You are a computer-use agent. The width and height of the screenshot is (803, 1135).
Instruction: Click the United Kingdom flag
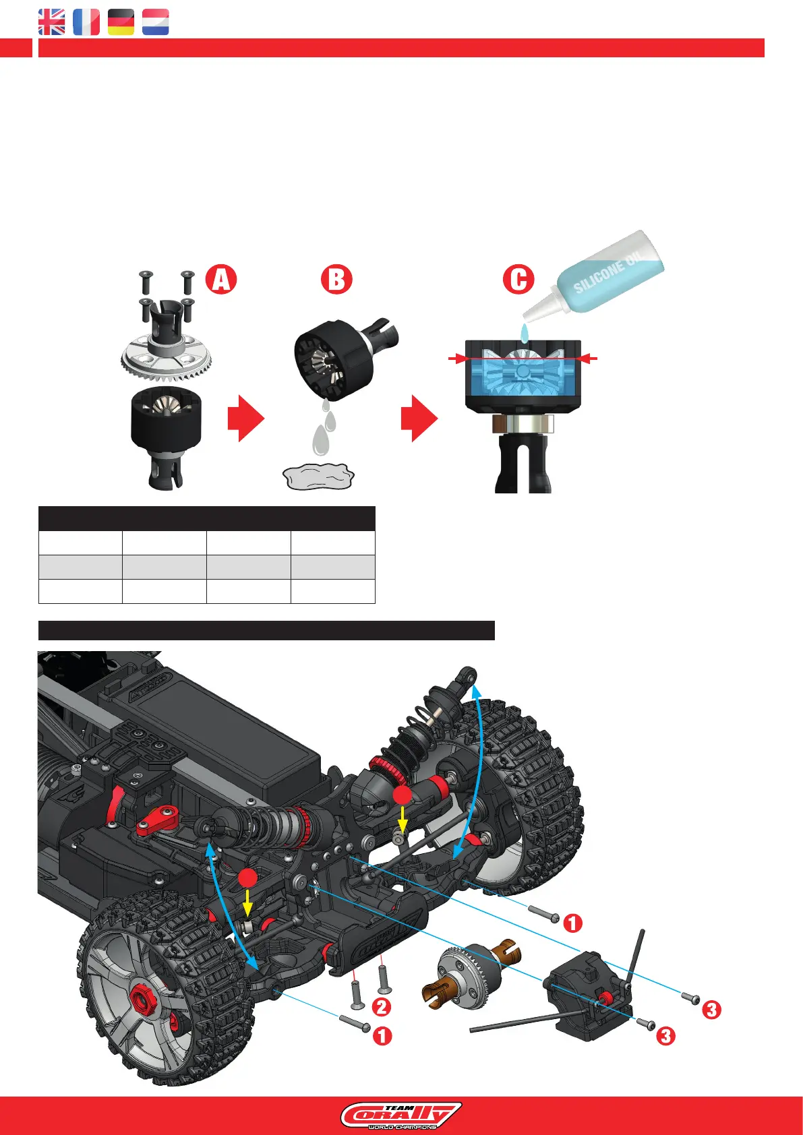[x=52, y=22]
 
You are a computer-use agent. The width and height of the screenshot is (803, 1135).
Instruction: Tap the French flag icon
[x=86, y=22]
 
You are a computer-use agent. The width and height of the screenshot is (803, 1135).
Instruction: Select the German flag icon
[x=121, y=22]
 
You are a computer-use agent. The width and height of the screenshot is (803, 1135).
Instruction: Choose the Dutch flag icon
[x=155, y=22]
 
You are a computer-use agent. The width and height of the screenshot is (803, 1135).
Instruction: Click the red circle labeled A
[x=221, y=279]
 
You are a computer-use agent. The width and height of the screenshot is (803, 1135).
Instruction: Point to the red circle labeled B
[x=336, y=279]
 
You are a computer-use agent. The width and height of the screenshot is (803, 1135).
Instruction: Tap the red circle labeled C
[x=518, y=279]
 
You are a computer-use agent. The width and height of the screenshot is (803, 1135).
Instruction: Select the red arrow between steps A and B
[x=245, y=419]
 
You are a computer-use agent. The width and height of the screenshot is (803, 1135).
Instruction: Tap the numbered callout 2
[x=381, y=1007]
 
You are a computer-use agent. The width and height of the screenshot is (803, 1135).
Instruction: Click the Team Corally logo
[x=401, y=1115]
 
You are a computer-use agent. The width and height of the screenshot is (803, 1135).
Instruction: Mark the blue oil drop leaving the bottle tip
[x=524, y=332]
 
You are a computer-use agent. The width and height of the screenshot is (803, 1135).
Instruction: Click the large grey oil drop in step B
[x=321, y=441]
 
